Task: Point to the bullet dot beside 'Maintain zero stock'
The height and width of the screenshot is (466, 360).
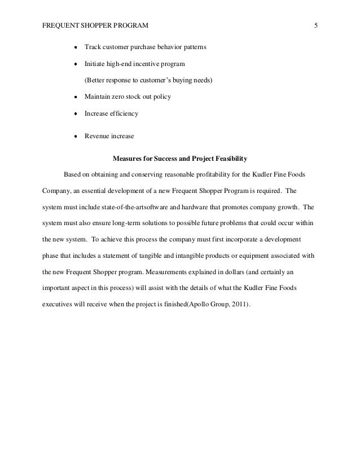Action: pyautogui.click(x=75, y=97)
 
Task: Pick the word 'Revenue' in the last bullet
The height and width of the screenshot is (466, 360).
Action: pyautogui.click(x=97, y=136)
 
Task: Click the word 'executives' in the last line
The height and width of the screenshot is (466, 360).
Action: pyautogui.click(x=59, y=304)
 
